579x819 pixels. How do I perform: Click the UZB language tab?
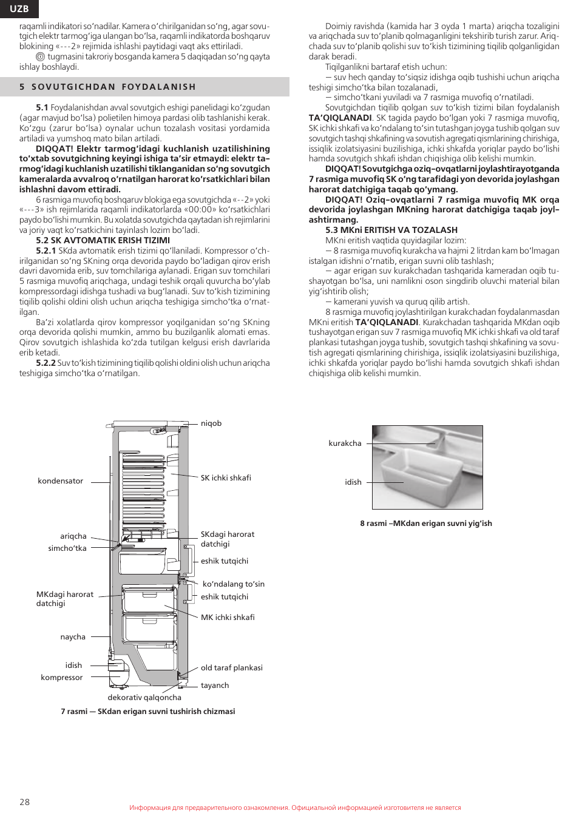19,8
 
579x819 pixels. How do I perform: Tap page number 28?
24,801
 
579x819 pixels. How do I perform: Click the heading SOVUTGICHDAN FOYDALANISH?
113,87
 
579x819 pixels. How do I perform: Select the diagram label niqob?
211,423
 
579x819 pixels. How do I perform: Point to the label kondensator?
60,480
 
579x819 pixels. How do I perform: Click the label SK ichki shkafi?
226,477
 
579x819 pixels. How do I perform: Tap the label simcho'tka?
67,548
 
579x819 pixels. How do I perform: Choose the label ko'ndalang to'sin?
233,584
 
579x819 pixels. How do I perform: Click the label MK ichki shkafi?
228,617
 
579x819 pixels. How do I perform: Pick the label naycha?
73,636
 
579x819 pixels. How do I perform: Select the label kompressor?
62,677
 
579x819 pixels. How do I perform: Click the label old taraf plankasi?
232,667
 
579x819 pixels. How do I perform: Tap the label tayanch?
215,685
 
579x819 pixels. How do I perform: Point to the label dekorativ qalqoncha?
144,697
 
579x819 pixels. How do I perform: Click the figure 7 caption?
147,711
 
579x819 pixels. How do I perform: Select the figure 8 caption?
426,523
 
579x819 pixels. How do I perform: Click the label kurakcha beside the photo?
345,443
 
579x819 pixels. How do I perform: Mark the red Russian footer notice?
295,807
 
